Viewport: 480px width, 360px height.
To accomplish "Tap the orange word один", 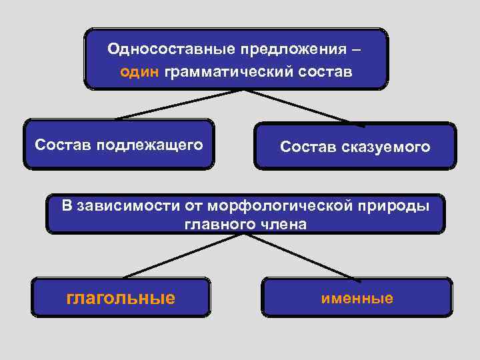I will coord(139,71).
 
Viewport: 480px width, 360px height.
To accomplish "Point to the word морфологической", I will coord(279,205).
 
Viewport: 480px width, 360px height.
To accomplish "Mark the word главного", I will coord(215,224).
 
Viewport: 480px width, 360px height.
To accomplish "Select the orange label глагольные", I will coord(121,297).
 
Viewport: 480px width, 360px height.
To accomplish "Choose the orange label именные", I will coord(357,298).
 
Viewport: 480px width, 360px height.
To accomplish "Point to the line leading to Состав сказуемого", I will coord(300,107).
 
